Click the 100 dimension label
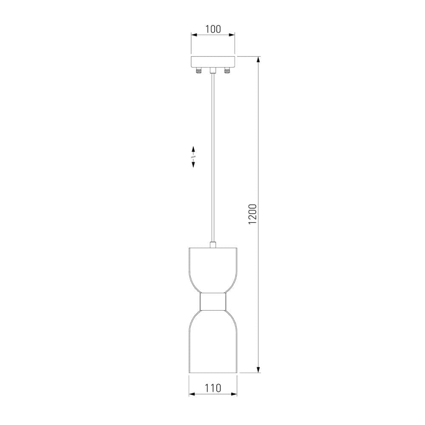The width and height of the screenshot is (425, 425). pos(213,29)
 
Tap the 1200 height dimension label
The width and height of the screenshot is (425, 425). pos(252,214)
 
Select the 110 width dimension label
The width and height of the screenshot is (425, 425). pos(213,388)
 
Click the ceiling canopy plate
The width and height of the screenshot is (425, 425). pos(213,62)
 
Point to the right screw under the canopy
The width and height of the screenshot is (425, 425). pos(227,71)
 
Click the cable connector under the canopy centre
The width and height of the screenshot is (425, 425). pos(213,71)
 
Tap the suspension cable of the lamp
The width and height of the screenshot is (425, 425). pos(213,158)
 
